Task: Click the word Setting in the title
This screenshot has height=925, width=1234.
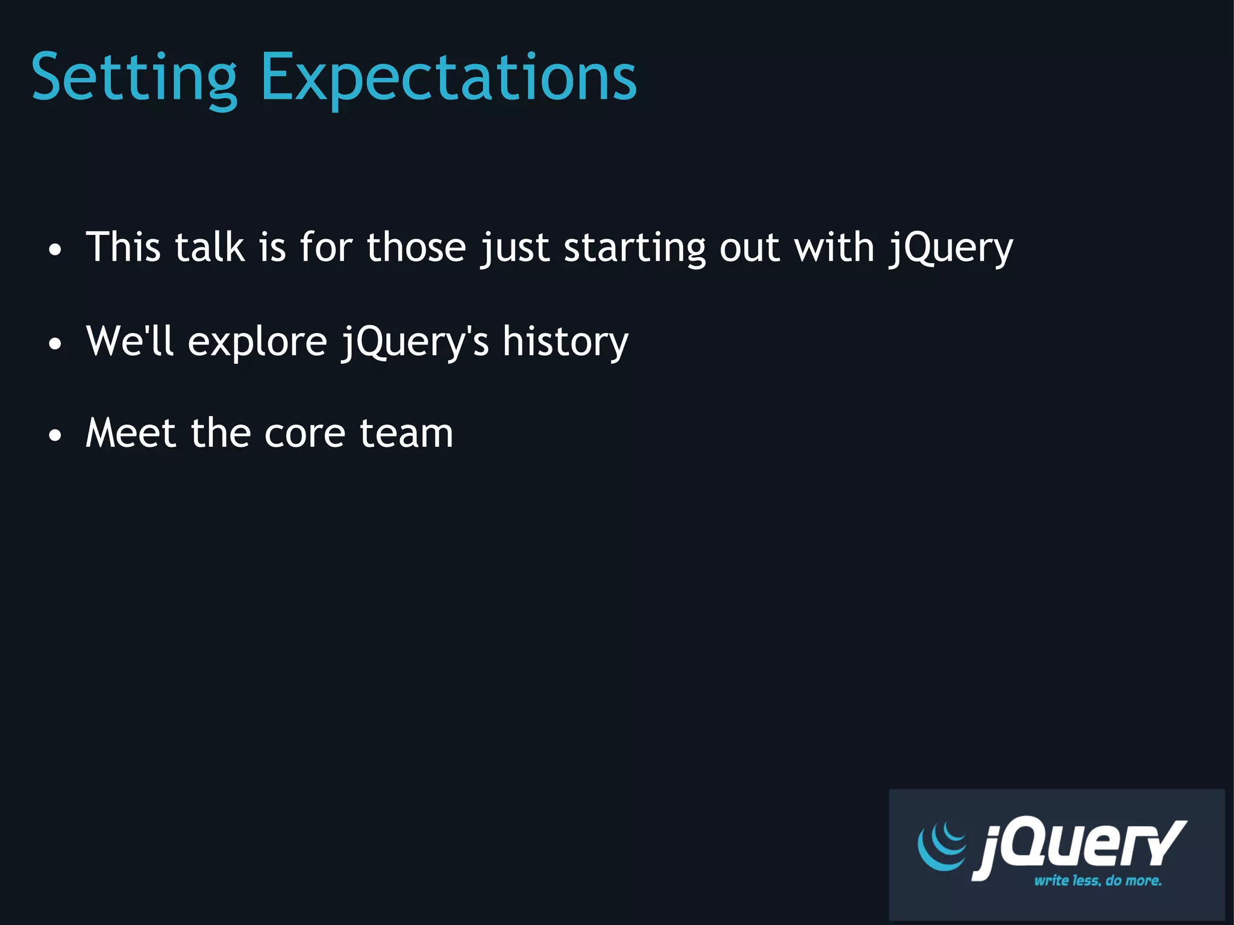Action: (x=134, y=78)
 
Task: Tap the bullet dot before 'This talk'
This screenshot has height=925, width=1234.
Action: (x=55, y=250)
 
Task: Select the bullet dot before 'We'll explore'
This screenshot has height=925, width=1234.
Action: (x=55, y=344)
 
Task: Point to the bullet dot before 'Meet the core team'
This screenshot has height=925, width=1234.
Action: (x=55, y=435)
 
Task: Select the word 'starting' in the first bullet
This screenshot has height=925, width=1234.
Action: (x=634, y=248)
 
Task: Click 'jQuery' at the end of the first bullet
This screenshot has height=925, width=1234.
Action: (x=951, y=248)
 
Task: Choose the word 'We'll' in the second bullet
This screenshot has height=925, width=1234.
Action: (x=130, y=341)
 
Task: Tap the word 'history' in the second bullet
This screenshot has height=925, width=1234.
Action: (x=565, y=342)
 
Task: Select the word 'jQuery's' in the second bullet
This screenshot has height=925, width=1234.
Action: (x=415, y=342)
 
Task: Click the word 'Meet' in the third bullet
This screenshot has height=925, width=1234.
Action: (x=131, y=433)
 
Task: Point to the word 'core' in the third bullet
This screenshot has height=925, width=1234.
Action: (x=305, y=434)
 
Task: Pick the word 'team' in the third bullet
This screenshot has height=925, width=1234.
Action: (x=406, y=434)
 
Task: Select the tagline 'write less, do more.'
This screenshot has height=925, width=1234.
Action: (x=1097, y=880)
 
